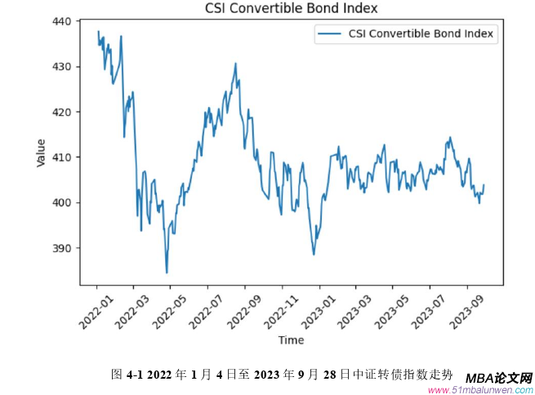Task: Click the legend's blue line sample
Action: (x=328, y=34)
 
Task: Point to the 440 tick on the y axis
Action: (x=61, y=21)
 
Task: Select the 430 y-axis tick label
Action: (x=61, y=66)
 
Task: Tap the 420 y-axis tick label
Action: (x=61, y=112)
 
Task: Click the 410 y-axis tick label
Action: (x=61, y=157)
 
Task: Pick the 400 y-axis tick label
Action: (x=61, y=202)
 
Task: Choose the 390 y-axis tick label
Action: (x=61, y=248)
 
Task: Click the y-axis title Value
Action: (x=41, y=153)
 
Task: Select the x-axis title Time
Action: (x=291, y=340)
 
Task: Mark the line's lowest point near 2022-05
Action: (x=167, y=273)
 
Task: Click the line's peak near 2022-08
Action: (x=236, y=64)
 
